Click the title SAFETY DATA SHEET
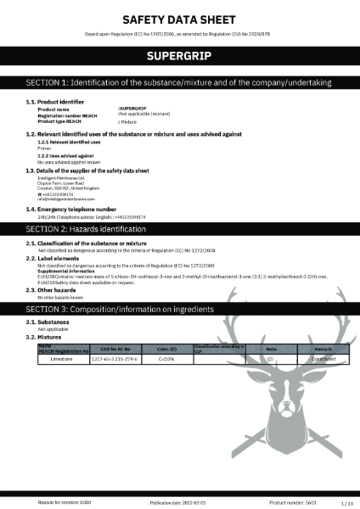click(179, 18)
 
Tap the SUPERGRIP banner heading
click(179, 56)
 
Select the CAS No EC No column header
click(114, 348)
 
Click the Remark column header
click(317, 348)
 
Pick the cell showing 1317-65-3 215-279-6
click(114, 359)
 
